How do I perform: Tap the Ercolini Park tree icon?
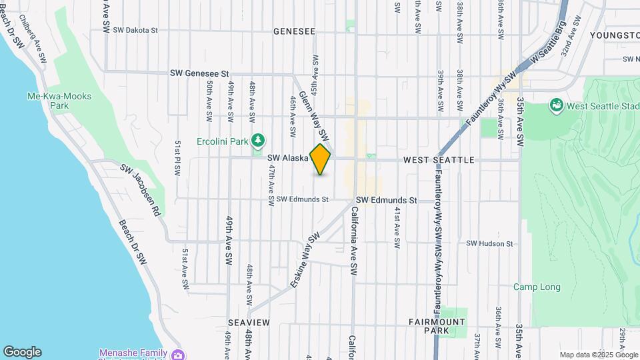point(258,141)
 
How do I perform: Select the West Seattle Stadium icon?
point(555,105)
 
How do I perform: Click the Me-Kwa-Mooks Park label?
point(59,101)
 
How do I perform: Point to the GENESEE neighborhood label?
point(294,31)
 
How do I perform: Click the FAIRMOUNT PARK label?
point(437,326)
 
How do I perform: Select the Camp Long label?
point(537,287)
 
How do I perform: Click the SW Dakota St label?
point(135,30)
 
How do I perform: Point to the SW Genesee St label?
point(199,73)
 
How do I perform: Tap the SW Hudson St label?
point(491,244)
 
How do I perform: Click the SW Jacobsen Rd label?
point(141,191)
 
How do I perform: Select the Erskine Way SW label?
point(305,260)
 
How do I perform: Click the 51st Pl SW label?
point(177,158)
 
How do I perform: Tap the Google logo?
point(22,352)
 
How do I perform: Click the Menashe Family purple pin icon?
point(177,355)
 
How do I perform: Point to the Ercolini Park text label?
point(223,141)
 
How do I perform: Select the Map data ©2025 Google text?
point(599,355)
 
